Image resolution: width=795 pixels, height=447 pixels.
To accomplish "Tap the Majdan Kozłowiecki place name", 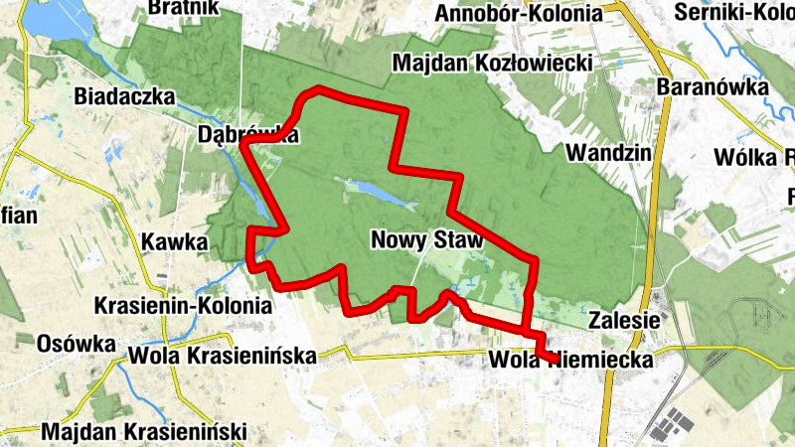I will click(493, 64).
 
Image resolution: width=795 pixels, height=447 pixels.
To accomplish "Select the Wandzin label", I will click(607, 153).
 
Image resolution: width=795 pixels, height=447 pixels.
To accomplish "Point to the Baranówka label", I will click(713, 87).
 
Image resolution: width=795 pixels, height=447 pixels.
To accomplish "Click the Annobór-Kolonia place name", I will click(519, 13).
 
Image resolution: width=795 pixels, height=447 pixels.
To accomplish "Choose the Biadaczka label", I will click(124, 97).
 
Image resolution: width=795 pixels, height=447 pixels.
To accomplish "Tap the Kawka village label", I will click(174, 241).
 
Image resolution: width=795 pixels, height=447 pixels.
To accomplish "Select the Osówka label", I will click(76, 343).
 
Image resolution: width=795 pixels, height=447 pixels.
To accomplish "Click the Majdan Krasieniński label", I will click(143, 432).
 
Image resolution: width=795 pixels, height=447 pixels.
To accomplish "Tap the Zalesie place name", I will click(625, 321).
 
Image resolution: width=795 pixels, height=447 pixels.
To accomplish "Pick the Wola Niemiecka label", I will click(571, 361).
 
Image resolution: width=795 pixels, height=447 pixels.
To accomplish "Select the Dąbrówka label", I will click(247, 135).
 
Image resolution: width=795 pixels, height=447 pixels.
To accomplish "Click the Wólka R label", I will click(754, 157).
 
